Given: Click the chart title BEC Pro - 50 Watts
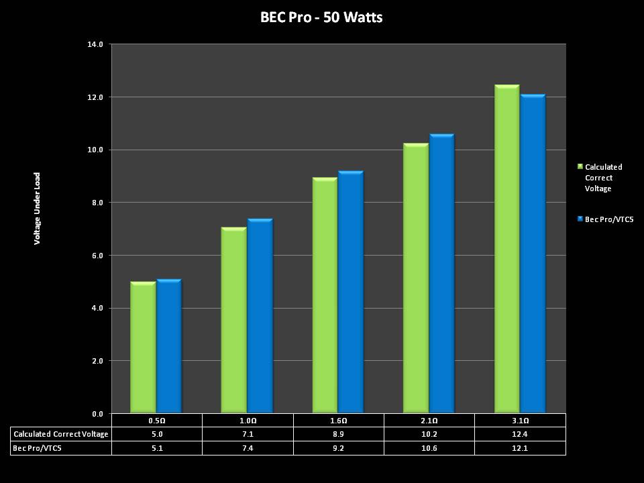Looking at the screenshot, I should coord(321,17).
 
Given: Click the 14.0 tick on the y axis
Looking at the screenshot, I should coord(95,44).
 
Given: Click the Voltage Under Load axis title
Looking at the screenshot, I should coord(38,208).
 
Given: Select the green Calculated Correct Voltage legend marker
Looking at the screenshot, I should coord(580,166).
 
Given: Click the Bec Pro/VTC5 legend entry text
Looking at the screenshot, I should coord(609,219).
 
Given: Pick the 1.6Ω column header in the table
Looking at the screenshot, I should coord(338,421).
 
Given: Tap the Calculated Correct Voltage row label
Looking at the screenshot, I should coord(61,434).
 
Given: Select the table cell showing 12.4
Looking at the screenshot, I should coord(520,434).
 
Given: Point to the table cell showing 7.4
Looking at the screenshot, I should coord(248,447).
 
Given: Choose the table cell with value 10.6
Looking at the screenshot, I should coord(429,447).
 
